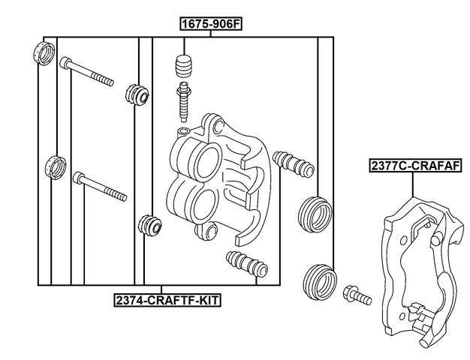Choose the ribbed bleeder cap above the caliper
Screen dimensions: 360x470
pos(182,66)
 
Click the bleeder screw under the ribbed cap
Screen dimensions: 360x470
pos(183,102)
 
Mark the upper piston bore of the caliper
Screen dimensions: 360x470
pos(200,157)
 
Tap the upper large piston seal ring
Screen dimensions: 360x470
pos(315,213)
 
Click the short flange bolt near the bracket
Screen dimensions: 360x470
pos(356,295)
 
